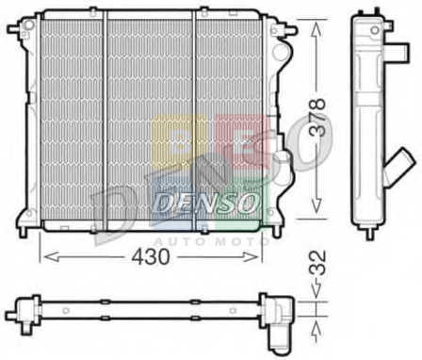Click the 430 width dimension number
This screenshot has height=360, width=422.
151,256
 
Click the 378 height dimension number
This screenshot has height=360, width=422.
316,118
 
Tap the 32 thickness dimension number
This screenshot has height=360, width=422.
316,263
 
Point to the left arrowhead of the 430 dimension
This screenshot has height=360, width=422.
51,256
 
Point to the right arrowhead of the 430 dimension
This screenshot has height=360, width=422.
251,256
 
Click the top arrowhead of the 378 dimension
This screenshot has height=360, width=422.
316,27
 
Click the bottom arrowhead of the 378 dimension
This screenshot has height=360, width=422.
316,205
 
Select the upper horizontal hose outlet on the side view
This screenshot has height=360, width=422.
398,52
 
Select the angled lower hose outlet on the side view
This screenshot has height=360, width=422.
400,164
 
